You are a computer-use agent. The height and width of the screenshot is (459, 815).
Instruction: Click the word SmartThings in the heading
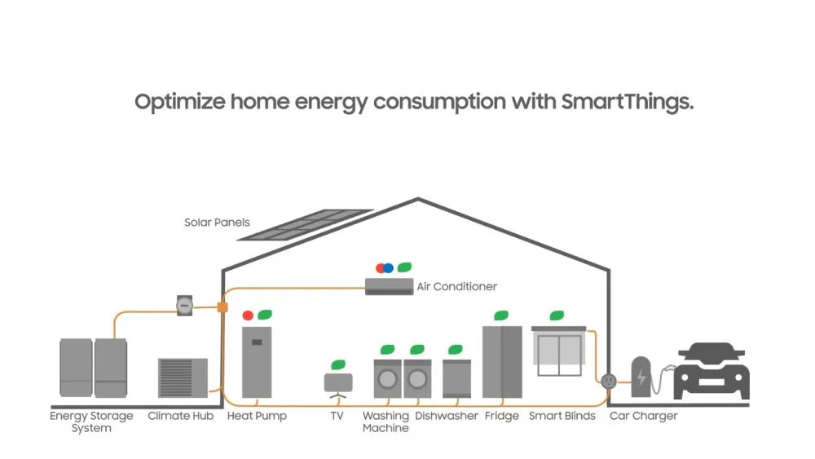(x=628, y=103)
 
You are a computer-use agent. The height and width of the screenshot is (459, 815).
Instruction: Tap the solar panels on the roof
(x=305, y=225)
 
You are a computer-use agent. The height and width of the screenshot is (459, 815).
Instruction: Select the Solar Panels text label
(x=217, y=223)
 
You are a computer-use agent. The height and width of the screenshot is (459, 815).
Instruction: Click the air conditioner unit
(x=388, y=286)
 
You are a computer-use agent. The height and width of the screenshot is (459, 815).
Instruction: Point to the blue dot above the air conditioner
(x=389, y=267)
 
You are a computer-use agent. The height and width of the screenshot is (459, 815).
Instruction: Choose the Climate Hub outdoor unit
(x=182, y=377)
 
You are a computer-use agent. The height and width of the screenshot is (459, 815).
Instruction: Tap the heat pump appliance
(x=257, y=363)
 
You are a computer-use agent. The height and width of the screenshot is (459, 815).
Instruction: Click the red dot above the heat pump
(x=248, y=315)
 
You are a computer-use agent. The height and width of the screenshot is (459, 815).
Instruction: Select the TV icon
(x=338, y=384)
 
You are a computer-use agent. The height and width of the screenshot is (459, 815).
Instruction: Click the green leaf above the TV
(x=338, y=364)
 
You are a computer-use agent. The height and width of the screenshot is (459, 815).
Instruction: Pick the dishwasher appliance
(x=456, y=377)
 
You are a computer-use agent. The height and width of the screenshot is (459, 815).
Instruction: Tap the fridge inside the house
(x=501, y=361)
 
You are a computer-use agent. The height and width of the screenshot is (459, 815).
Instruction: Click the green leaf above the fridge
(x=501, y=315)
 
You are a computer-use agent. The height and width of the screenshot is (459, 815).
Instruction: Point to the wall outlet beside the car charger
(x=608, y=380)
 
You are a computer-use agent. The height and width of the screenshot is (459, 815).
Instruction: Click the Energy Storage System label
(x=91, y=421)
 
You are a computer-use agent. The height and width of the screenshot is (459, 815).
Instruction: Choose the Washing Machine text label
(x=385, y=421)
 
